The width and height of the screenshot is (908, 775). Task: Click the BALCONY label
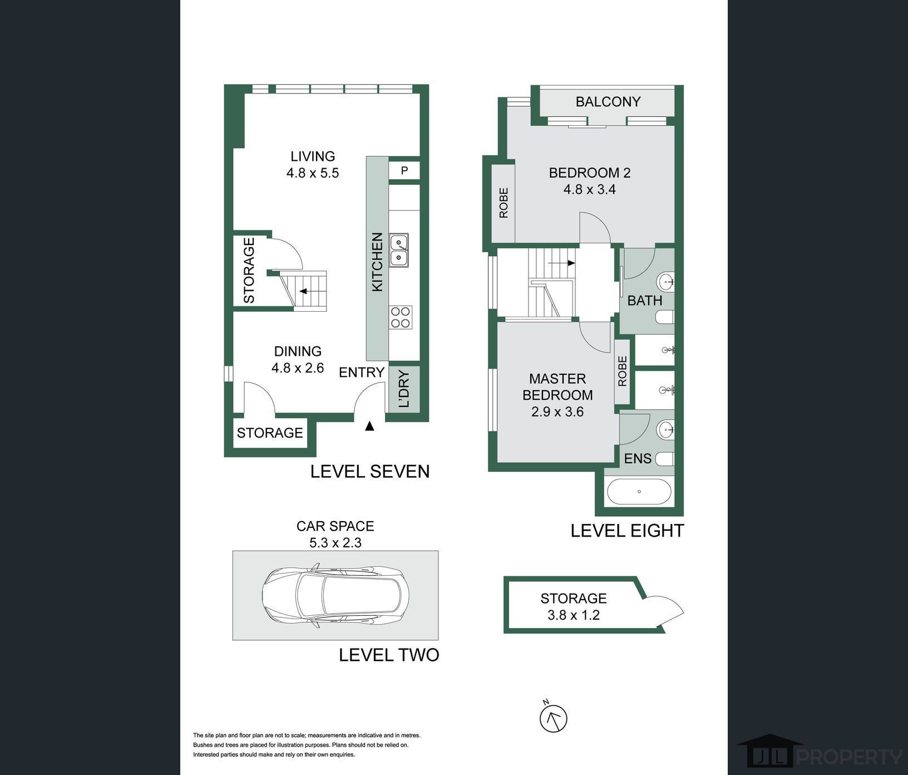tap(608, 101)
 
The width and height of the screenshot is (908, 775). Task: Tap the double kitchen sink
tap(399, 250)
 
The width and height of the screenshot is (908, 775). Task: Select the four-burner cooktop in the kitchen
tap(401, 317)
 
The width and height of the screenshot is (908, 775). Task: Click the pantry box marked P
tap(404, 170)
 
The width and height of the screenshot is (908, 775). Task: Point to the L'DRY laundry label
tap(404, 389)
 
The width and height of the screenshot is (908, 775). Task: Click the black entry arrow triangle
tap(369, 426)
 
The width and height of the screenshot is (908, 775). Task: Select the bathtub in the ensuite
tap(639, 492)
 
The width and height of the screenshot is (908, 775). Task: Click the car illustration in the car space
tap(335, 596)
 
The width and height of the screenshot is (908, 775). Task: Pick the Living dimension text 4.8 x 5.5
tap(313, 173)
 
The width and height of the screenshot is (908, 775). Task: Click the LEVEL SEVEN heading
tap(370, 472)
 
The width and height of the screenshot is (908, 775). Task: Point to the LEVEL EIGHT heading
tap(627, 531)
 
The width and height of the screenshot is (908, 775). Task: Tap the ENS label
tap(638, 458)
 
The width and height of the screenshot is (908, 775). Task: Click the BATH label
tap(645, 301)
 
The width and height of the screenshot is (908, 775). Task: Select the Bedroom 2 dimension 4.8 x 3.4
tap(590, 189)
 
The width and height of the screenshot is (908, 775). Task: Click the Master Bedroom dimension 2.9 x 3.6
tap(557, 412)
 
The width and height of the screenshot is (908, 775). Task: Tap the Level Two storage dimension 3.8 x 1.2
tap(574, 615)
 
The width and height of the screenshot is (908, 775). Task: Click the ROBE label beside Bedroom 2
tap(504, 203)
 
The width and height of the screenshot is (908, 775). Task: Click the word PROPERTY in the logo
tap(850, 757)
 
